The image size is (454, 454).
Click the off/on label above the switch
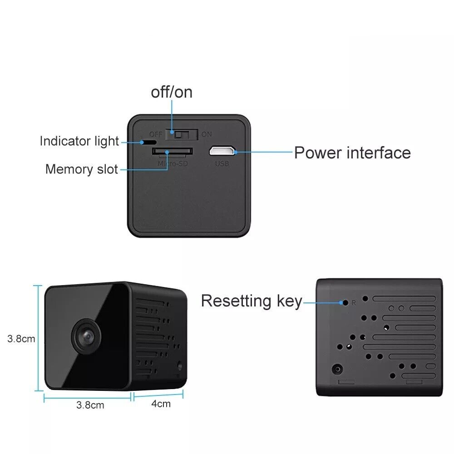[172, 92]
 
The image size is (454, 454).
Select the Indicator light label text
[79, 141]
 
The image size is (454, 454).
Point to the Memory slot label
[82, 169]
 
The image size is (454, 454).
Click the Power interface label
[352, 153]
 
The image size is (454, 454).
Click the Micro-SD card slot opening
[172, 151]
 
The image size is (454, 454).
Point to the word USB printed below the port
[222, 163]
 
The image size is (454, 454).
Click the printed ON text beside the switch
[207, 134]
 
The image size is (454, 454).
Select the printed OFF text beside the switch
[156, 134]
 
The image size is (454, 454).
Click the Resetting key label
[252, 301]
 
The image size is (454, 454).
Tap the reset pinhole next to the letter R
[345, 302]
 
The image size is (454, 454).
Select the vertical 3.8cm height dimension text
[21, 338]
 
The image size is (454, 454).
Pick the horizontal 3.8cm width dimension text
[90, 405]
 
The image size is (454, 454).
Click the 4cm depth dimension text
[161, 403]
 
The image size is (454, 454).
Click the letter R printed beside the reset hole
[354, 302]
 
